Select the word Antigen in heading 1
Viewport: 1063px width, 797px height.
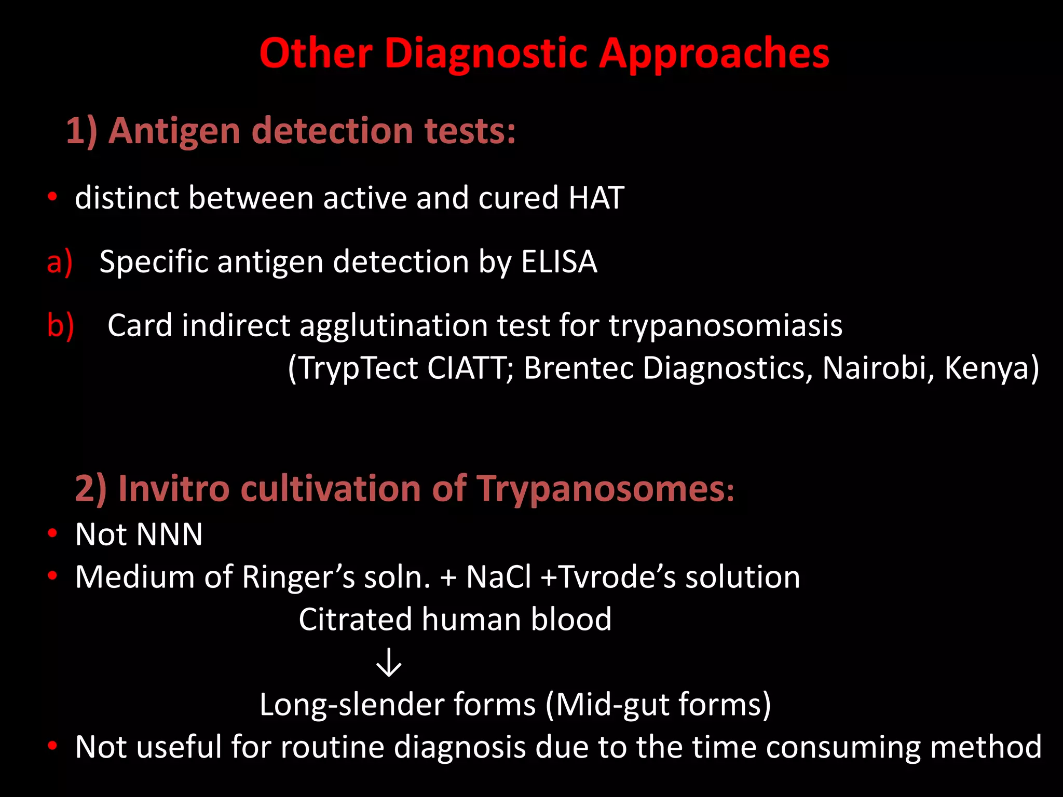pyautogui.click(x=174, y=131)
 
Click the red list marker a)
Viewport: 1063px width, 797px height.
pyautogui.click(x=59, y=263)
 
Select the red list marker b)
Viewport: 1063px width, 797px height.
pyautogui.click(x=60, y=326)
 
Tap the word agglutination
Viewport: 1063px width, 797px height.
pyautogui.click(x=393, y=326)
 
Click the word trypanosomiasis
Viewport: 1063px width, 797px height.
pyautogui.click(x=725, y=326)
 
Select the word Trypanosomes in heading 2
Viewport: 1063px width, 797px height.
pyautogui.click(x=605, y=489)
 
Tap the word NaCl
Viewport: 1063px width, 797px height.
pyautogui.click(x=498, y=577)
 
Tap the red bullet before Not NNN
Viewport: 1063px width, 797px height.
pyautogui.click(x=52, y=533)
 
